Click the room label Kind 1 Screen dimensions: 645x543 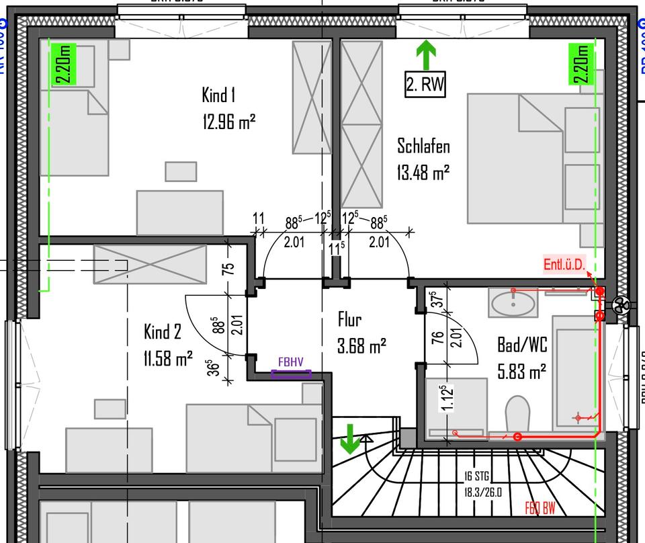pos(218,95)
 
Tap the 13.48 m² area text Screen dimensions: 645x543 pos(423,172)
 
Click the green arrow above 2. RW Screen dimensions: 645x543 pos(425,54)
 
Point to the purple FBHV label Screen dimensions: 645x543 pos(291,362)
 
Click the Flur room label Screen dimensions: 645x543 pos(350,321)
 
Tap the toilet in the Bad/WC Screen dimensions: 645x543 pos(517,411)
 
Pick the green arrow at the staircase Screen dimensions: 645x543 pos(349,439)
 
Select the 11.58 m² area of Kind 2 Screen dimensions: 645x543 pos(168,358)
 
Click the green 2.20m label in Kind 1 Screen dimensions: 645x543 pos(64,64)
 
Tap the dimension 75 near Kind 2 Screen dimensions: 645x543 pos(229,267)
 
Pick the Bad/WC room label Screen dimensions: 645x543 pos(522,345)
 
